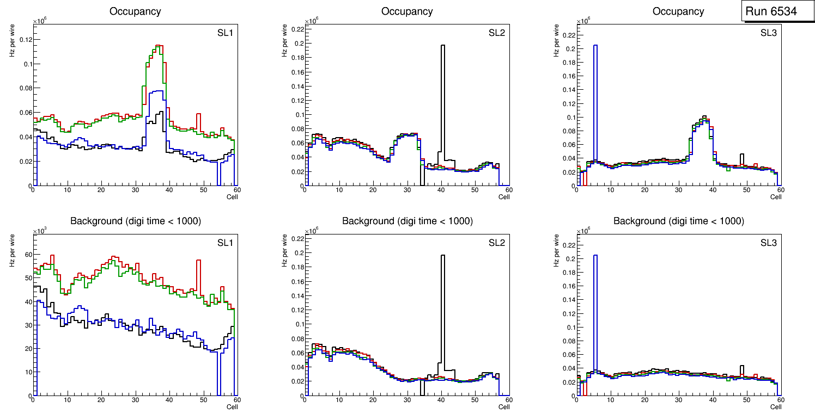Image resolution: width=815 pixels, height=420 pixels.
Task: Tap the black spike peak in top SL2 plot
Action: pos(442,46)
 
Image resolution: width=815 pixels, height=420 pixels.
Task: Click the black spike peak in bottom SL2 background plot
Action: pos(442,256)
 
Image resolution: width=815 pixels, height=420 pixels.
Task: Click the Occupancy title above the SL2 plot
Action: pos(407,11)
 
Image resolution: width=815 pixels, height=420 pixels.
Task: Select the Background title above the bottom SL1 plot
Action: pos(135,221)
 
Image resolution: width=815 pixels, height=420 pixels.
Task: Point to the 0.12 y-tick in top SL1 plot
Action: pos(25,40)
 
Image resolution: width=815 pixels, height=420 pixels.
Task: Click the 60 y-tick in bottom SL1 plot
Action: pos(28,254)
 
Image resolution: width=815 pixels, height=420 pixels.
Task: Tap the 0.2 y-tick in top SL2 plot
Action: pos(298,44)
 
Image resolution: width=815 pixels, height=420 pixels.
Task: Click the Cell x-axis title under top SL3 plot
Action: pos(776,196)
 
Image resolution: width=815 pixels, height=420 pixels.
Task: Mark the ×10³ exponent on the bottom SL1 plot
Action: pos(39,231)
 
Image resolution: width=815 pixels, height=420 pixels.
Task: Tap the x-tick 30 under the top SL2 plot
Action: pos(406,190)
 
